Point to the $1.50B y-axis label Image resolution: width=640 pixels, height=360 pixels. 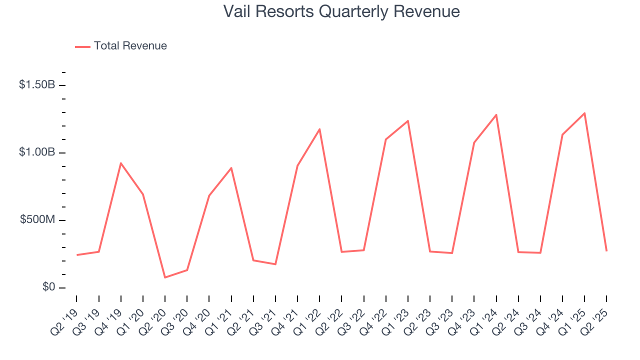tap(37, 85)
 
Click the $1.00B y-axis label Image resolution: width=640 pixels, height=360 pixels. tap(37, 152)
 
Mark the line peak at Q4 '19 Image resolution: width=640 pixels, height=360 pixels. tap(121, 163)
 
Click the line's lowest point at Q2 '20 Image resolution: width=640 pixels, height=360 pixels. tap(165, 277)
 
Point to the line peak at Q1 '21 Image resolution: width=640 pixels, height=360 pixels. tap(231, 168)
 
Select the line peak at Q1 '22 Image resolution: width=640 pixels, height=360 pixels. tap(319, 129)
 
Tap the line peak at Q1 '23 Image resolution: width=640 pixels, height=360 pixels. tap(408, 120)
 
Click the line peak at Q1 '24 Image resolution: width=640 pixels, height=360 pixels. tap(496, 114)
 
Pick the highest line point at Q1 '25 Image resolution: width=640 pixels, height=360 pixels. tap(584, 113)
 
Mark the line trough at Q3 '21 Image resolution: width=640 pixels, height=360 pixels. tap(275, 264)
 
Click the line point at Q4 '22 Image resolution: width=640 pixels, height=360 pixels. tap(386, 139)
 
